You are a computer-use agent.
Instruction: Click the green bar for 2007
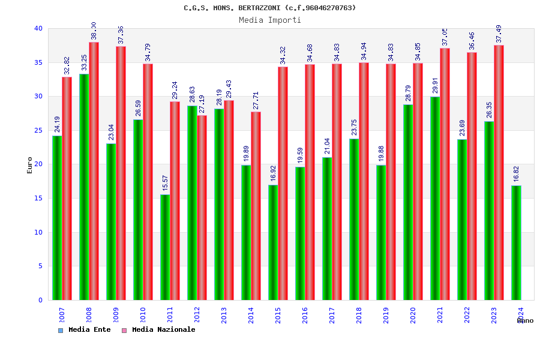(x=57, y=218)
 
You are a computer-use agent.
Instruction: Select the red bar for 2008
(x=94, y=171)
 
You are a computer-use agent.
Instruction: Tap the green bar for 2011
(x=165, y=247)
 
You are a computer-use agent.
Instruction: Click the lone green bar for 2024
(x=516, y=243)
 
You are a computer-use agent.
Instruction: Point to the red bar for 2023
(x=499, y=173)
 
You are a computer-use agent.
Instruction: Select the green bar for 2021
(x=435, y=199)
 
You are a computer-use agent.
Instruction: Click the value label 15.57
(x=165, y=183)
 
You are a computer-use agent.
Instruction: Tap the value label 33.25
(x=84, y=62)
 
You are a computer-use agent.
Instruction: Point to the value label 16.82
(x=516, y=174)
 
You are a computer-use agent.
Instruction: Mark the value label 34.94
(x=364, y=51)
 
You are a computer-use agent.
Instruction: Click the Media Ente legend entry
(x=85, y=329)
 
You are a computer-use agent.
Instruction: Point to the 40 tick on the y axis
(x=38, y=28)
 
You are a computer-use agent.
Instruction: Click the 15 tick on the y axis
(x=38, y=198)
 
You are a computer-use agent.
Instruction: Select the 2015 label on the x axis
(x=278, y=316)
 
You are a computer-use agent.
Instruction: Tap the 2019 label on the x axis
(x=386, y=316)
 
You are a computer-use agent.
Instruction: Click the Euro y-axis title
(x=30, y=165)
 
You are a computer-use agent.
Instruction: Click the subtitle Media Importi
(x=270, y=20)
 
